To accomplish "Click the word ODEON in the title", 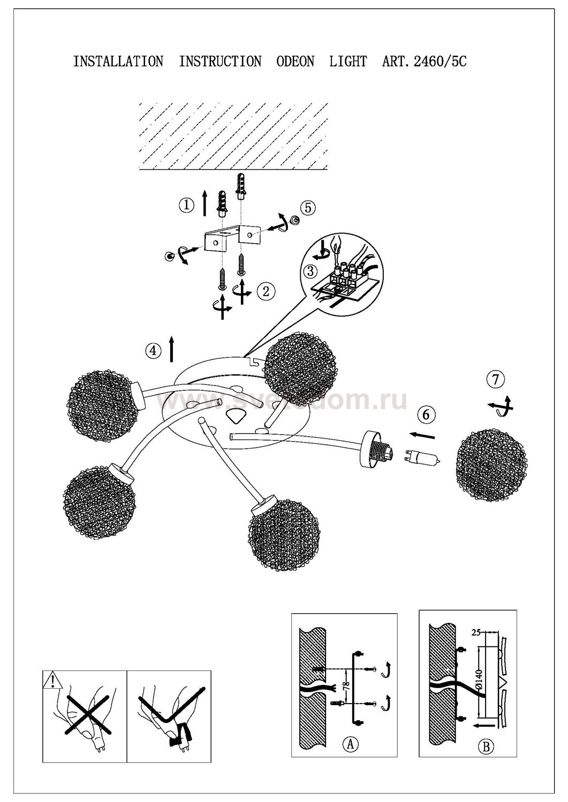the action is point(295,61).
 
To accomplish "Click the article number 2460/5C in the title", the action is point(440,61).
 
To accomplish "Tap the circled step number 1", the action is point(186,205).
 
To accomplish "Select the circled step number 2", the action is point(266,291).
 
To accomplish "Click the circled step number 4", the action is point(153,350).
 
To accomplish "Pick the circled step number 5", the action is point(308,207).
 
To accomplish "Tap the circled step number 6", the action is point(426,414).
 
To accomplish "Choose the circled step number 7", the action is point(496,379).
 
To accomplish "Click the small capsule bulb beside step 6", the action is point(422,459).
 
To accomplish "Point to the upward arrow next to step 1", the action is point(205,203).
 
